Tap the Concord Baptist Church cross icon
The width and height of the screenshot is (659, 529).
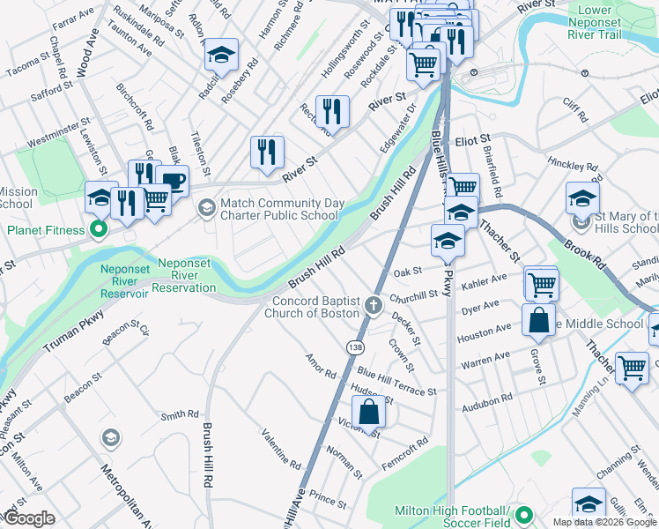coord(374,307)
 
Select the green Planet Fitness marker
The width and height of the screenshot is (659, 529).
coord(99,231)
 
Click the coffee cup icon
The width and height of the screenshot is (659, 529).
coord(172,182)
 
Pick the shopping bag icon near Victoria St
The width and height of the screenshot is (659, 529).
coord(369,411)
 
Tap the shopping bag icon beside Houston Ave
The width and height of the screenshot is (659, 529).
coord(538,321)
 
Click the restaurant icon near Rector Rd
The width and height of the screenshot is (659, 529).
coord(332,110)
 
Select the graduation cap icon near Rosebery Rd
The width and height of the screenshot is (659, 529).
coord(221,54)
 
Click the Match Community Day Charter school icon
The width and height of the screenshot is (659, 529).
coord(207,208)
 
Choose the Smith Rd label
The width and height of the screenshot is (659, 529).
coord(179,414)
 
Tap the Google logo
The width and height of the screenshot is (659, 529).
coord(28,518)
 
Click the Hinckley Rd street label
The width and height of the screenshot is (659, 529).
coord(572,165)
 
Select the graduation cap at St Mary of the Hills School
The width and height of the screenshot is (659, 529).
coord(582,197)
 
